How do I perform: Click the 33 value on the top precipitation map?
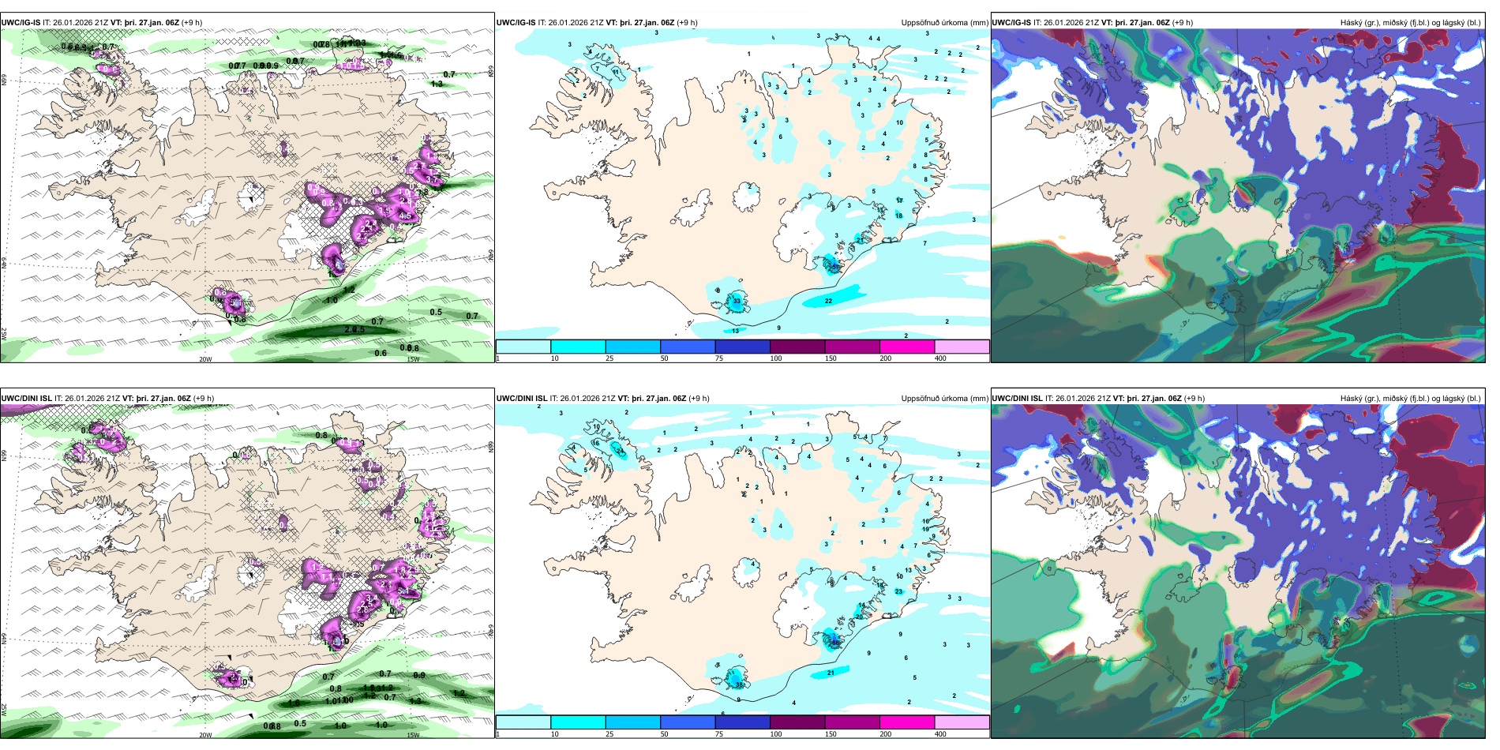737,301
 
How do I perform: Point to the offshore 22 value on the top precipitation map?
828,301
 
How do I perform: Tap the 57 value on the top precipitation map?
834,267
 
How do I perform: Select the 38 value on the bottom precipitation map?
740,684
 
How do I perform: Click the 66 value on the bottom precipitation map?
834,643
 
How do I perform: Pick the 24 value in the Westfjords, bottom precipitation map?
620,452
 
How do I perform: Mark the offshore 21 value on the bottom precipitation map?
831,673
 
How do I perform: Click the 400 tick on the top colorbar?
940,358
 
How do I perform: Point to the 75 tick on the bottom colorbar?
718,734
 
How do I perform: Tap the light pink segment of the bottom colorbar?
962,722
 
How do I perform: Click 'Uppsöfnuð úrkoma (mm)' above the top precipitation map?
944,23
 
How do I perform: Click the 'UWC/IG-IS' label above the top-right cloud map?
1011,23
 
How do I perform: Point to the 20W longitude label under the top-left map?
205,359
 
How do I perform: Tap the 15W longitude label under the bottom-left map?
413,735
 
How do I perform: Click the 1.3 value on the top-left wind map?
437,83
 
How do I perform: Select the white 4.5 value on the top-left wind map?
405,215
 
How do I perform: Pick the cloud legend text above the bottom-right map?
1410,399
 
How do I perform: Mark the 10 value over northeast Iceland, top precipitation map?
899,122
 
